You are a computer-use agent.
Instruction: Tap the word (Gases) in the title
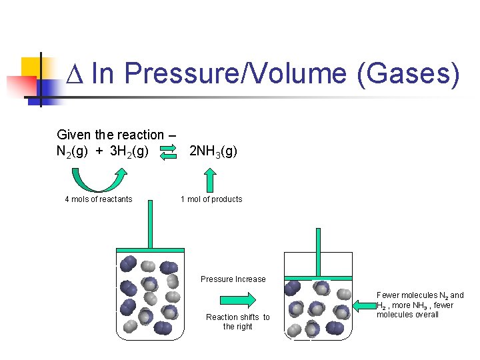[408, 73]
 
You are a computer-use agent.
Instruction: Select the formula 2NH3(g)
[213, 152]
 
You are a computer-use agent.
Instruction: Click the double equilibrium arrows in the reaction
[169, 152]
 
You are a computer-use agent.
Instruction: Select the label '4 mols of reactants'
[98, 199]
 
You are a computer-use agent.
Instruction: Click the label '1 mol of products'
[211, 199]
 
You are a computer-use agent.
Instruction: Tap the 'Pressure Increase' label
[233, 279]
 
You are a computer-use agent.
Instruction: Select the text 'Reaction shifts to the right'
[238, 322]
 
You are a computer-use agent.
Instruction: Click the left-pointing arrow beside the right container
[364, 306]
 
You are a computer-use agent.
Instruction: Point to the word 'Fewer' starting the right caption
[388, 295]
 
